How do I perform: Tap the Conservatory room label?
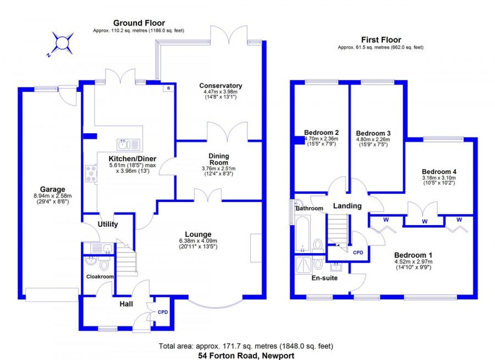pyautogui.click(x=221, y=85)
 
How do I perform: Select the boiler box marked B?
pyautogui.click(x=168, y=88)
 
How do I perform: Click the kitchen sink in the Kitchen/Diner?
pyautogui.click(x=128, y=145)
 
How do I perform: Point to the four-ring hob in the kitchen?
pyautogui.click(x=91, y=174)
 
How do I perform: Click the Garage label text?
pyautogui.click(x=52, y=189)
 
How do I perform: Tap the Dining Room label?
pyautogui.click(x=219, y=159)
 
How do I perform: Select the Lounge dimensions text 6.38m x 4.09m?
pyautogui.click(x=198, y=241)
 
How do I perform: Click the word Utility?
pyautogui.click(x=108, y=224)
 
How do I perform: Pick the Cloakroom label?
pyautogui.click(x=100, y=276)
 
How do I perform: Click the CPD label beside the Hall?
pyautogui.click(x=163, y=312)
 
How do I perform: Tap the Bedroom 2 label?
pyautogui.click(x=321, y=133)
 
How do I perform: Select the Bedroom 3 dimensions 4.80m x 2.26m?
pyautogui.click(x=373, y=139)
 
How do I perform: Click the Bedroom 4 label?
pyautogui.click(x=439, y=172)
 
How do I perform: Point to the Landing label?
pyautogui.click(x=347, y=206)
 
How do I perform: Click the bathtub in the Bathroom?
pyautogui.click(x=302, y=233)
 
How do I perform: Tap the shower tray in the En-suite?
pyautogui.click(x=304, y=265)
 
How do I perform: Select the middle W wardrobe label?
pyautogui.click(x=425, y=221)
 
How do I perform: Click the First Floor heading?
pyautogui.click(x=381, y=40)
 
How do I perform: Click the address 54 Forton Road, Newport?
pyautogui.click(x=246, y=356)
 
